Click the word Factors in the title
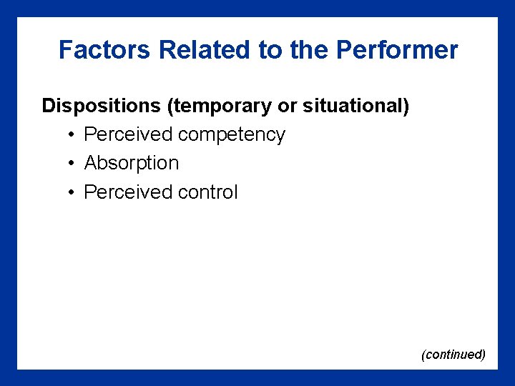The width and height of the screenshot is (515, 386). (105, 50)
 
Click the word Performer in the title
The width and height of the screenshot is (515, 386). (397, 50)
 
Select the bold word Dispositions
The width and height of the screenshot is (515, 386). (101, 107)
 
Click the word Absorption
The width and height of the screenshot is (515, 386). (132, 164)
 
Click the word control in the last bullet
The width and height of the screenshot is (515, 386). (208, 192)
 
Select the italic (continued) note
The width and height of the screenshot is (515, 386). (453, 355)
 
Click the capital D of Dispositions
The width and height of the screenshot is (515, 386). (49, 107)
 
